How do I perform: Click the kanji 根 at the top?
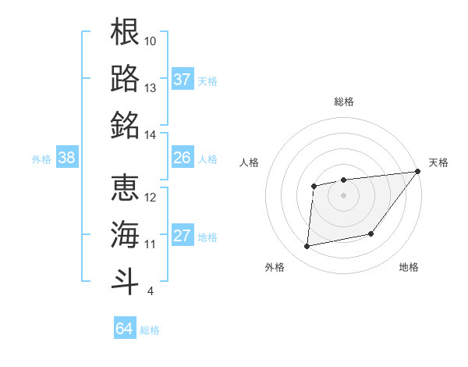(x=126, y=33)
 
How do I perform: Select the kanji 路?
(x=126, y=78)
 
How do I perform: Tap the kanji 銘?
(x=126, y=125)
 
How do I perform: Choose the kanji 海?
(x=126, y=233)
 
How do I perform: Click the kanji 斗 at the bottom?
(x=126, y=280)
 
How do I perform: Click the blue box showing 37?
(x=183, y=79)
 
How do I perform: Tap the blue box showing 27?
(x=183, y=237)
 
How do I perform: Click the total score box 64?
(x=125, y=329)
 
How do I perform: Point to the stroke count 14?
(x=151, y=135)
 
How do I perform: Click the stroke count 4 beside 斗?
(x=151, y=291)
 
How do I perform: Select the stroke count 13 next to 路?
(x=151, y=88)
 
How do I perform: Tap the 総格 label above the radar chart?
(x=343, y=102)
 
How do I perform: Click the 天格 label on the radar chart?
(x=438, y=162)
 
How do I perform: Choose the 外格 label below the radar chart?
(x=275, y=267)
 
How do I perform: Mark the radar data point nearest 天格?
(x=417, y=171)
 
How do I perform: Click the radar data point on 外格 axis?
(x=307, y=247)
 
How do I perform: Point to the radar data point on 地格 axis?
(x=372, y=233)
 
